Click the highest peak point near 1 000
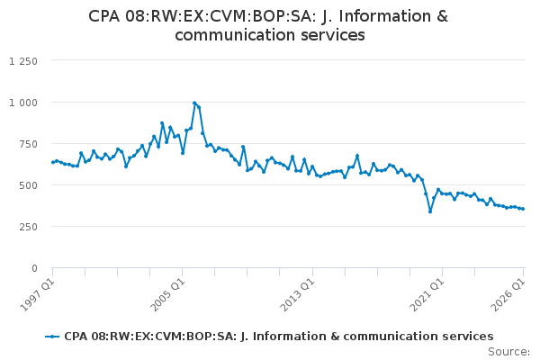[194, 103]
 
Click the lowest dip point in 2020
[430, 211]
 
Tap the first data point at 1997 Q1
[53, 162]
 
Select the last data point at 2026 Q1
[523, 209]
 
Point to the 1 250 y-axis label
[23, 61]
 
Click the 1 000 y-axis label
[23, 103]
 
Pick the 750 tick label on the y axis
[29, 144]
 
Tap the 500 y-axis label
[29, 185]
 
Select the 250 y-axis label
[29, 227]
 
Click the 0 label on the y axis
[34, 268]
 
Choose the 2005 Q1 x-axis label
[167, 294]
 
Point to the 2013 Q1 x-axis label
[297, 294]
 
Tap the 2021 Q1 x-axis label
[427, 294]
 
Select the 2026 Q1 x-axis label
[508, 294]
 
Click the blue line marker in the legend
[52, 337]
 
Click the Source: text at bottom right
[508, 352]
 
